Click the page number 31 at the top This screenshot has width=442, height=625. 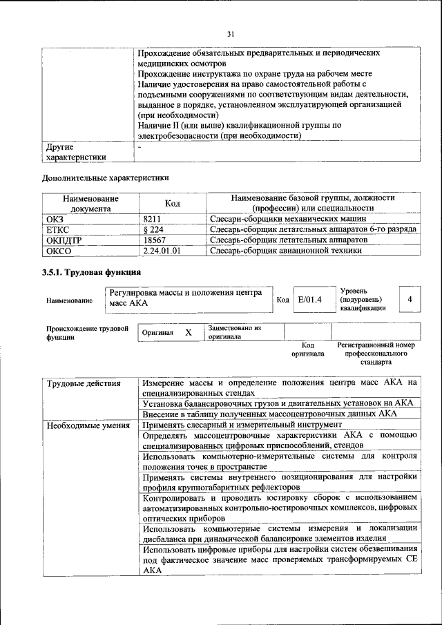point(231,33)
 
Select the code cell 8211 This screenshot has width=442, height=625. point(153,218)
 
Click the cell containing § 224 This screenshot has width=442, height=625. point(153,229)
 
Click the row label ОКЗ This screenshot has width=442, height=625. point(56,218)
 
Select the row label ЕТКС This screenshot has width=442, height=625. point(58,229)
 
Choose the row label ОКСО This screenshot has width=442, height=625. point(59,251)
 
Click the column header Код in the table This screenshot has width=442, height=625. point(172,203)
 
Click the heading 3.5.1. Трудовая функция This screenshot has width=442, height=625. point(91,272)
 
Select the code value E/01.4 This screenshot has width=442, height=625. point(309,300)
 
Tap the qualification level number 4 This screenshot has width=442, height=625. point(410,300)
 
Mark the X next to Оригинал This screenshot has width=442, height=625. point(188,333)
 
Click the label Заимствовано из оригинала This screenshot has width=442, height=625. point(234,332)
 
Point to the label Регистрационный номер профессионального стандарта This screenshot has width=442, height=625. point(376,353)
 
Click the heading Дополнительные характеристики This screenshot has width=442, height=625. point(106,177)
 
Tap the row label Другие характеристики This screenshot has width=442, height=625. point(76,152)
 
